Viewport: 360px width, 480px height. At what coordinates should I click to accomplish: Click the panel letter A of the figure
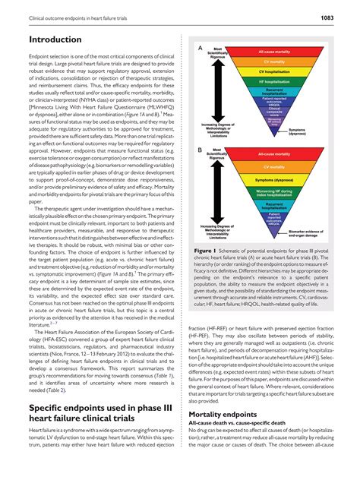[x=200, y=48]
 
